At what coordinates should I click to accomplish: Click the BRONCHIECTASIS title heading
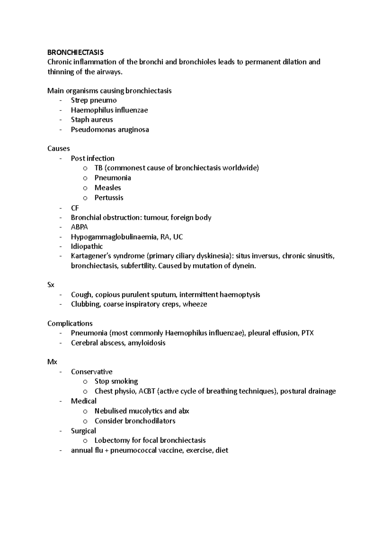click(x=75, y=52)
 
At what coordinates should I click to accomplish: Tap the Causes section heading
click(x=59, y=149)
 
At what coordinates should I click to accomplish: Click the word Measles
click(x=108, y=188)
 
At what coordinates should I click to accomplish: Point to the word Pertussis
click(x=109, y=198)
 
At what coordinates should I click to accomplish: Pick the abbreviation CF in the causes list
click(x=75, y=208)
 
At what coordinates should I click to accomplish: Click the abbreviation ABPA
click(x=80, y=227)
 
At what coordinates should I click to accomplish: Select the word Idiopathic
click(x=87, y=247)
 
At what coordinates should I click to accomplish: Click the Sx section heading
click(x=51, y=285)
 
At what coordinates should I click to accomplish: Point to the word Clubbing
click(x=85, y=304)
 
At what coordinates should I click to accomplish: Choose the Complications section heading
click(x=70, y=323)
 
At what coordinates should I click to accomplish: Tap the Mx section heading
click(x=52, y=362)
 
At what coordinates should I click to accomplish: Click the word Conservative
click(x=92, y=372)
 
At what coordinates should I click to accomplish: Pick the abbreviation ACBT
click(x=147, y=391)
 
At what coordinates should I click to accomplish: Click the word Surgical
click(x=83, y=431)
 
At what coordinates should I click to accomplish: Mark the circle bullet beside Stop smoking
click(x=85, y=382)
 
